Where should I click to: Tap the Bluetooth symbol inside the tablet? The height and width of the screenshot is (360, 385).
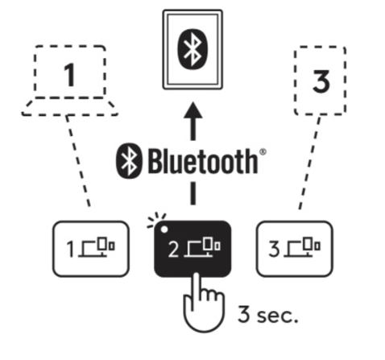coord(192,49)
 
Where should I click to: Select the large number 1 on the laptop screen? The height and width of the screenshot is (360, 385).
coord(69,75)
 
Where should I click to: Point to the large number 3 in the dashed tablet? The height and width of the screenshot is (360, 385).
coord(321,81)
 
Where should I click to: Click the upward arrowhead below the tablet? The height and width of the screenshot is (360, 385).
coord(193,110)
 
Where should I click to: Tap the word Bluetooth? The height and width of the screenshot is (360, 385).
coord(203,161)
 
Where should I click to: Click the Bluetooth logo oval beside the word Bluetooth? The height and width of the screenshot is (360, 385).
coord(129,160)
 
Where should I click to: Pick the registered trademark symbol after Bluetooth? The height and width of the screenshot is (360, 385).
coord(263,152)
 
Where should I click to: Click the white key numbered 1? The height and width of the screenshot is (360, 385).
coord(91,249)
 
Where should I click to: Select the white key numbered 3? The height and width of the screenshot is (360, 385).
coord(295,249)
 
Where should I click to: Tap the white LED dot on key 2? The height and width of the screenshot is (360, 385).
coord(164,230)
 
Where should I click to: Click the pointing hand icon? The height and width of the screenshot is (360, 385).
coord(203,303)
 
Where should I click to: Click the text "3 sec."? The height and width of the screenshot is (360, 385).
coord(268,314)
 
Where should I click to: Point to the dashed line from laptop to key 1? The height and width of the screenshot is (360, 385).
coord(78,161)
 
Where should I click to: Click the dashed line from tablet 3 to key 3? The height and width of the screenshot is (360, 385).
coord(310,163)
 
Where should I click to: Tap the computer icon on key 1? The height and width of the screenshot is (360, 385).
coord(97,247)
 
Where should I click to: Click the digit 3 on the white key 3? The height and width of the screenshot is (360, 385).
coord(274,249)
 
